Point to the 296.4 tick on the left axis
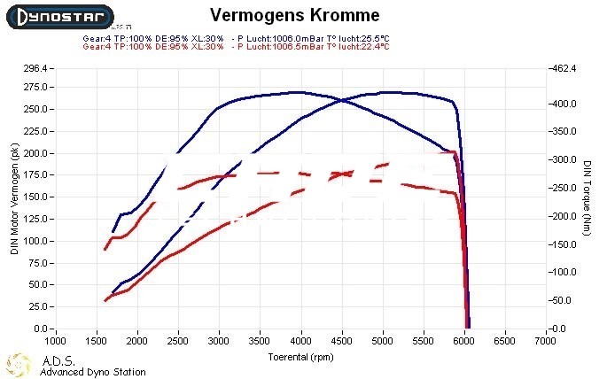(x=35, y=67)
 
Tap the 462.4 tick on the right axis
(x=565, y=67)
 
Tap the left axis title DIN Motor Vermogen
(x=14, y=200)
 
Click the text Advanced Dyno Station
(x=93, y=372)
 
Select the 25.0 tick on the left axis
(x=37, y=306)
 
